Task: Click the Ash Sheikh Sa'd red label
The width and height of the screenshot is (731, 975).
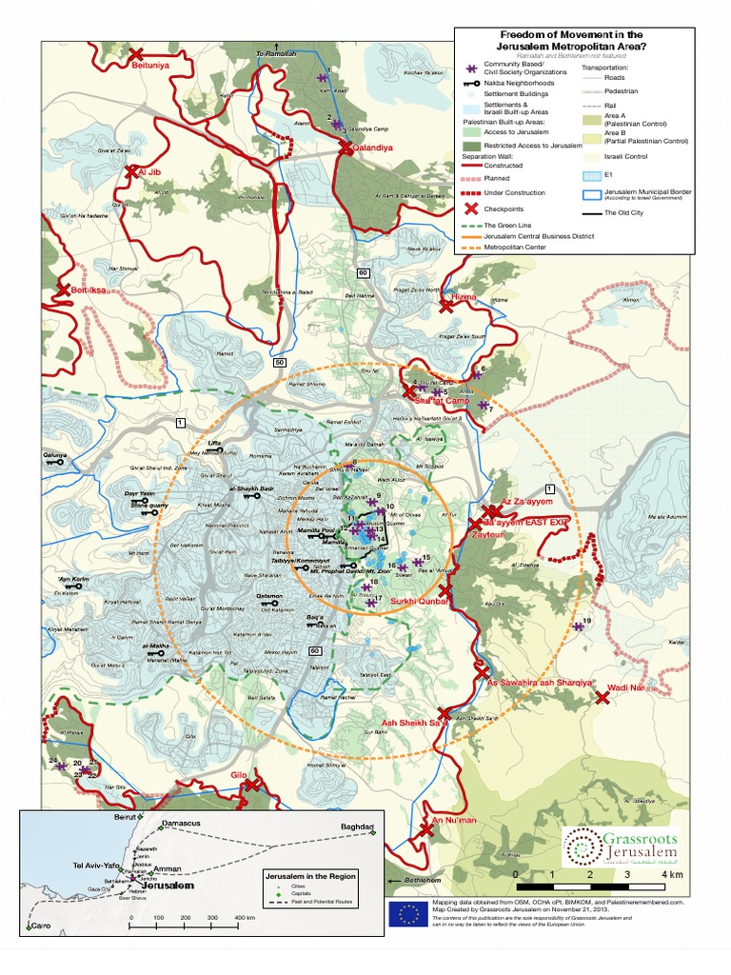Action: pos(414,725)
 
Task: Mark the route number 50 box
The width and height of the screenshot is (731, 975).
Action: pos(279,362)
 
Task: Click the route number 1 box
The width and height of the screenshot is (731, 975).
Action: pos(180,420)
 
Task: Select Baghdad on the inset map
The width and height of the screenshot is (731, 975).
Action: pos(359,826)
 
